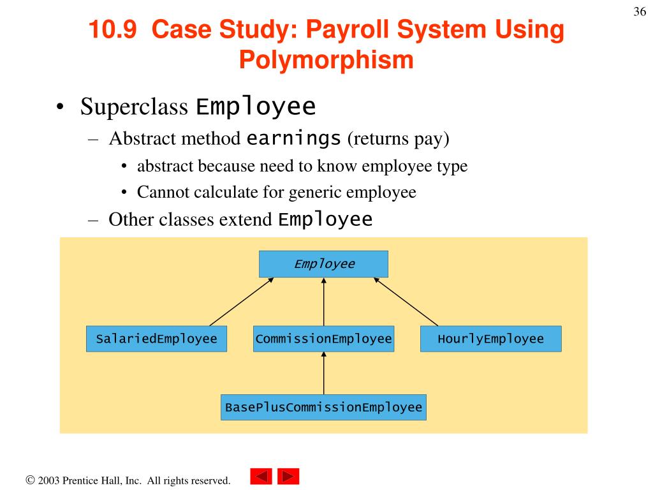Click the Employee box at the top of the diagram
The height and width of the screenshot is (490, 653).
click(x=323, y=264)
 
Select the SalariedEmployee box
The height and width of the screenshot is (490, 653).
click(x=157, y=339)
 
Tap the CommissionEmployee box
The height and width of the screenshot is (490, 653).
click(x=323, y=339)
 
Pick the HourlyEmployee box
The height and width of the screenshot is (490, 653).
click(x=491, y=339)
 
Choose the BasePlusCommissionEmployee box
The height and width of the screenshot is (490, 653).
click(x=323, y=407)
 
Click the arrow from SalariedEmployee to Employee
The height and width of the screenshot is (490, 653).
click(x=242, y=302)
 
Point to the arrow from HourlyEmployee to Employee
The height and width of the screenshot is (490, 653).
click(x=406, y=302)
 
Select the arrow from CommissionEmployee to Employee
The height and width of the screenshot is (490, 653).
click(x=323, y=302)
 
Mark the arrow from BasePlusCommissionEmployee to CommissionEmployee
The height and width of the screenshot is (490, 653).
click(x=323, y=373)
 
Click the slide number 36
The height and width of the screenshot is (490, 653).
click(x=640, y=11)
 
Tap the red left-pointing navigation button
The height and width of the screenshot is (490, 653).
click(x=261, y=476)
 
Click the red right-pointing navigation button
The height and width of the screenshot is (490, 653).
click(x=288, y=476)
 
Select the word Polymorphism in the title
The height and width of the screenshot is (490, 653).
click(x=326, y=60)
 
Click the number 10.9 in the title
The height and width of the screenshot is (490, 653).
click(x=112, y=29)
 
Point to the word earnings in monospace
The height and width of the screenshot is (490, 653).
click(x=293, y=138)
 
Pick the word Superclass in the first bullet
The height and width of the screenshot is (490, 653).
click(x=134, y=107)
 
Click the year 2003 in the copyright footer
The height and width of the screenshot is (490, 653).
click(x=48, y=480)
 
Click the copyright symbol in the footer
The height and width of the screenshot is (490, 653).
click(x=30, y=480)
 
